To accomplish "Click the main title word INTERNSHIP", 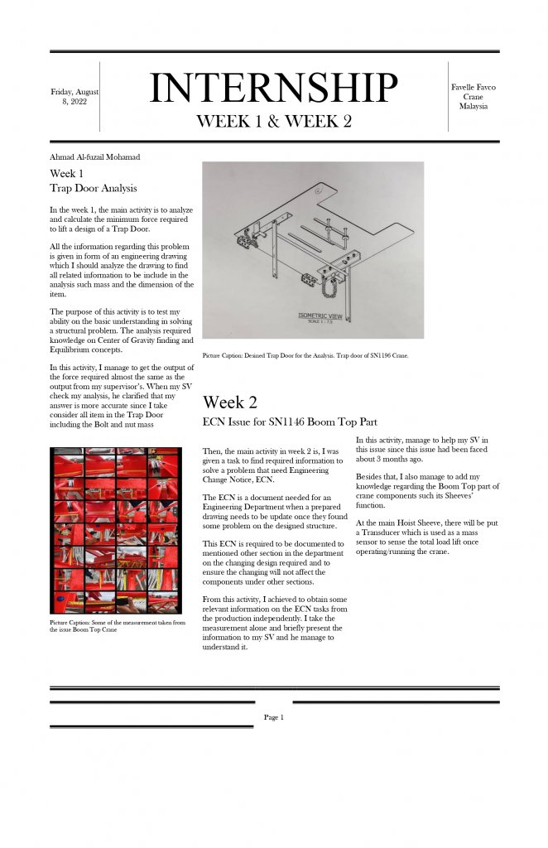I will tap(273, 88).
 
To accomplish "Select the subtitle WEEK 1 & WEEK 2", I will tap(273, 121).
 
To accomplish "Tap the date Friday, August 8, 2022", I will tap(75, 96).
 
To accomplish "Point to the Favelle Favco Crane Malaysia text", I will tap(473, 96).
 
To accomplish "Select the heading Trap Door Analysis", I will tap(93, 189).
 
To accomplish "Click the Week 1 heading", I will tap(66, 174).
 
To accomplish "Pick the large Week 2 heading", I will tap(230, 402).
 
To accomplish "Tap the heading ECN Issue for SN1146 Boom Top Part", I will tap(290, 422).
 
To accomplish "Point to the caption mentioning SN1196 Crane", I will tap(304, 355).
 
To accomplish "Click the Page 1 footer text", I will tap(273, 717).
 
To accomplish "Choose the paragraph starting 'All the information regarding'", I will tap(121, 270).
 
